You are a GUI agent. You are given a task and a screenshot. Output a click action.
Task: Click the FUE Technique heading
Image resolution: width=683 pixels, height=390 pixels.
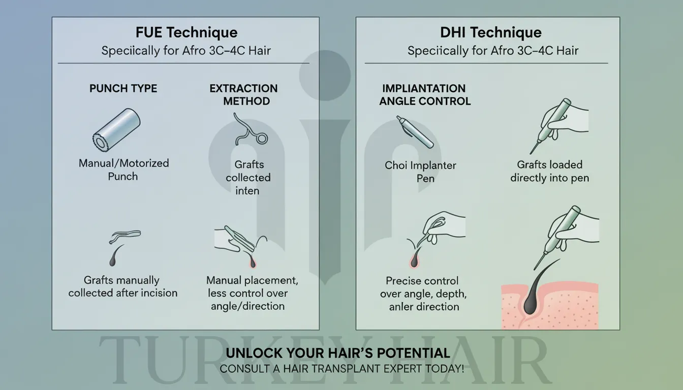click(187, 33)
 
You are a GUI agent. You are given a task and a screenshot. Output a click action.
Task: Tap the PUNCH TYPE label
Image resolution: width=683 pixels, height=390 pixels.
click(123, 88)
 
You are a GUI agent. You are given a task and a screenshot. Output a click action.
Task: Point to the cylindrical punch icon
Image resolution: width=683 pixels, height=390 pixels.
click(116, 130)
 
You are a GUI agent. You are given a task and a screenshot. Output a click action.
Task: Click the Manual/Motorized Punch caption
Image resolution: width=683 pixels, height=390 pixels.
click(123, 170)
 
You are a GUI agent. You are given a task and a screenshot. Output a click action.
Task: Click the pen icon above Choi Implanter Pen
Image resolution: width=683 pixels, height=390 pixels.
click(414, 132)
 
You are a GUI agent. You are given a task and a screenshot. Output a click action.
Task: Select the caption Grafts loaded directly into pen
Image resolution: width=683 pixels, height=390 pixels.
click(549, 171)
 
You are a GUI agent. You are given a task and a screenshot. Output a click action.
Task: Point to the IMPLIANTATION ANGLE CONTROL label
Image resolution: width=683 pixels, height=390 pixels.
click(425, 94)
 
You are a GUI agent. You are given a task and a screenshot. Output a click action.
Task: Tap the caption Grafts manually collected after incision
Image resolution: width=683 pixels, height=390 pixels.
click(122, 286)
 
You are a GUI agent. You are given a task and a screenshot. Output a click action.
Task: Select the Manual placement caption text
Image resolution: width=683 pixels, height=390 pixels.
click(251, 293)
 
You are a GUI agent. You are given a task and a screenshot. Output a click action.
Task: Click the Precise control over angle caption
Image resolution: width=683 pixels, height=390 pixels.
click(423, 294)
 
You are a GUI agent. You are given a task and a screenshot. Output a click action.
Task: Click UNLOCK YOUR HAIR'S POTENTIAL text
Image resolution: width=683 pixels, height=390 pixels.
click(337, 353)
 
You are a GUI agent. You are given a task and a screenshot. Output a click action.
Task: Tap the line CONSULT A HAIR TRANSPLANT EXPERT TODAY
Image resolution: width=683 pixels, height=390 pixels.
click(341, 369)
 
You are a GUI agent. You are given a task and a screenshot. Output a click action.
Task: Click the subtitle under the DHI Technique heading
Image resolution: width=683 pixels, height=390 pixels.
click(492, 51)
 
